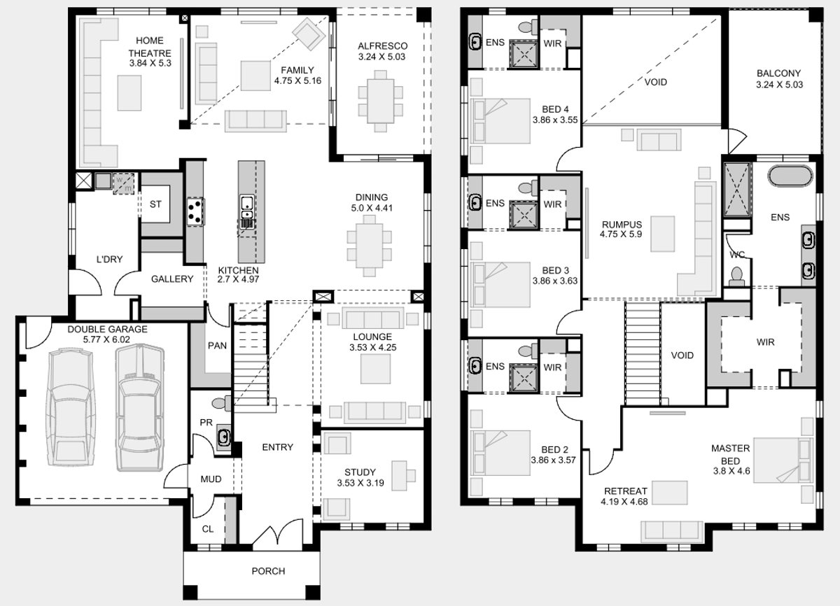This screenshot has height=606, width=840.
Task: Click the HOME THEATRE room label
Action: pyautogui.click(x=150, y=46)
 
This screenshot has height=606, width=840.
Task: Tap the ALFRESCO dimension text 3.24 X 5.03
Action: pyautogui.click(x=381, y=57)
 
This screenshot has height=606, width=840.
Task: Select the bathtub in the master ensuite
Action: pyautogui.click(x=790, y=176)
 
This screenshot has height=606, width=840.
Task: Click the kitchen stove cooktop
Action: pyautogui.click(x=195, y=212)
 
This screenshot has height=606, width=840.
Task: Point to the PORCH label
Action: pyautogui.click(x=268, y=571)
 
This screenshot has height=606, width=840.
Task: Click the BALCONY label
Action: pyautogui.click(x=778, y=73)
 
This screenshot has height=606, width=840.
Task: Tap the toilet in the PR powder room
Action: pyautogui.click(x=222, y=403)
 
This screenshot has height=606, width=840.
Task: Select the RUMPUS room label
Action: pyautogui.click(x=622, y=225)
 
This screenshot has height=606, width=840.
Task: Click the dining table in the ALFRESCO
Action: pyautogui.click(x=380, y=101)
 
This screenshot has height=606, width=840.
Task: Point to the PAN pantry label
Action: pyautogui.click(x=217, y=346)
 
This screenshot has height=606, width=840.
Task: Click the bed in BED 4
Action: pyautogui.click(x=500, y=121)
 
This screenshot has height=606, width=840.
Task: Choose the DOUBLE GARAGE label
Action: pyautogui.click(x=107, y=329)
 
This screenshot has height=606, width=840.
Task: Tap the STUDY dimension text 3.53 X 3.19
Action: pyautogui.click(x=360, y=483)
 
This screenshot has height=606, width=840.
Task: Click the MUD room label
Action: pyautogui.click(x=211, y=479)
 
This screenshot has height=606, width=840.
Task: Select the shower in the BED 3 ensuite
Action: pyautogui.click(x=524, y=216)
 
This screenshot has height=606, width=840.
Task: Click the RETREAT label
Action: pyautogui.click(x=626, y=491)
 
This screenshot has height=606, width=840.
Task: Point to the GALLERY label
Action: pyautogui.click(x=172, y=279)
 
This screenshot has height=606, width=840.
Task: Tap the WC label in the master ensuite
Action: pyautogui.click(x=737, y=255)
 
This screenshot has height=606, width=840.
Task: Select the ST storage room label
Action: pyautogui.click(x=155, y=204)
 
